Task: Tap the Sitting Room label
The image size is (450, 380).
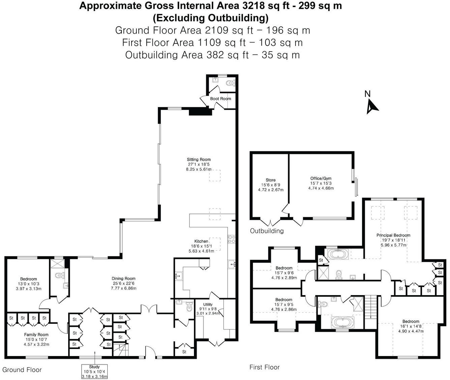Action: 199,160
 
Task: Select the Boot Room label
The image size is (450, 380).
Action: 221,99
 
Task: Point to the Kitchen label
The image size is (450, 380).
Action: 201,241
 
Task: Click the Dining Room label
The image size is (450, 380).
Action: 123,279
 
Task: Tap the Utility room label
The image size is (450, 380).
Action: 208,305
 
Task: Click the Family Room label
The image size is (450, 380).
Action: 36,335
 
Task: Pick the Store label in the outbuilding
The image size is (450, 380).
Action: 271,180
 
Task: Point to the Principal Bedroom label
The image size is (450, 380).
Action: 393,235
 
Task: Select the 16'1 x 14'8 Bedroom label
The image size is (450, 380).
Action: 411,321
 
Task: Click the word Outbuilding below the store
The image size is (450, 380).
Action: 266,231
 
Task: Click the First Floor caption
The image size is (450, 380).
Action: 264,367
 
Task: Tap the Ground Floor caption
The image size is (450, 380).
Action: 22,370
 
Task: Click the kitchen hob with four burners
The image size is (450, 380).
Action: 231,239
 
